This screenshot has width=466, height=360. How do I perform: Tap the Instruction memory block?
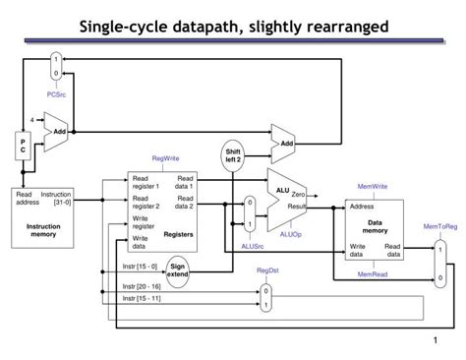(x=42, y=213)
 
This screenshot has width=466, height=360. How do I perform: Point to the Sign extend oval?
(x=177, y=270)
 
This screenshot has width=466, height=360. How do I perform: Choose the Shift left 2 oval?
(x=232, y=155)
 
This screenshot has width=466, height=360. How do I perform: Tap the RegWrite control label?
(x=165, y=158)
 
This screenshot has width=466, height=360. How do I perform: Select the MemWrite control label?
(x=372, y=186)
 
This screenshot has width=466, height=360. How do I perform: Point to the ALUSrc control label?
(x=253, y=247)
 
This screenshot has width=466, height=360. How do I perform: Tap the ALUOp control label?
(x=291, y=234)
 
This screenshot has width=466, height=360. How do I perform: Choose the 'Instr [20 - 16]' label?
(x=142, y=286)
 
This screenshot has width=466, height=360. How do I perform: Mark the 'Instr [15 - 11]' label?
(x=142, y=298)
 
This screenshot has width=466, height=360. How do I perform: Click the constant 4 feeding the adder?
(x=31, y=120)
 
